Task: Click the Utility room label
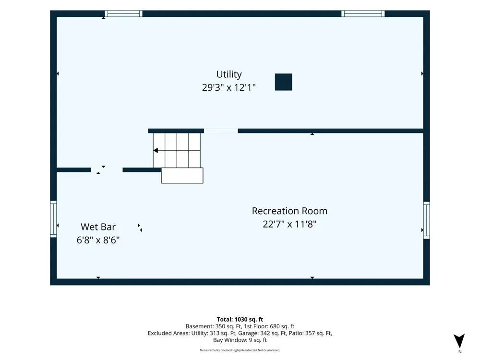click(228, 74)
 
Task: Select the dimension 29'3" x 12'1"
click(228, 87)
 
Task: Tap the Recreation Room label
click(289, 211)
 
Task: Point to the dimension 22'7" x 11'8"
click(289, 224)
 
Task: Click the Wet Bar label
click(98, 227)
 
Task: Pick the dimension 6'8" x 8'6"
click(98, 240)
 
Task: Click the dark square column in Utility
click(284, 82)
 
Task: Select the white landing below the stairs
click(182, 175)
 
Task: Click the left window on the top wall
click(124, 13)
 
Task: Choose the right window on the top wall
click(363, 13)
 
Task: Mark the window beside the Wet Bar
click(54, 219)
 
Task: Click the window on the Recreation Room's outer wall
click(426, 220)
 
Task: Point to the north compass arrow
click(459, 341)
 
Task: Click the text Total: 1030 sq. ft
click(240, 320)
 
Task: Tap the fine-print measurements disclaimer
click(240, 350)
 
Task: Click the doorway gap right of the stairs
click(221, 131)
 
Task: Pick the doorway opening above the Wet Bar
click(107, 170)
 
